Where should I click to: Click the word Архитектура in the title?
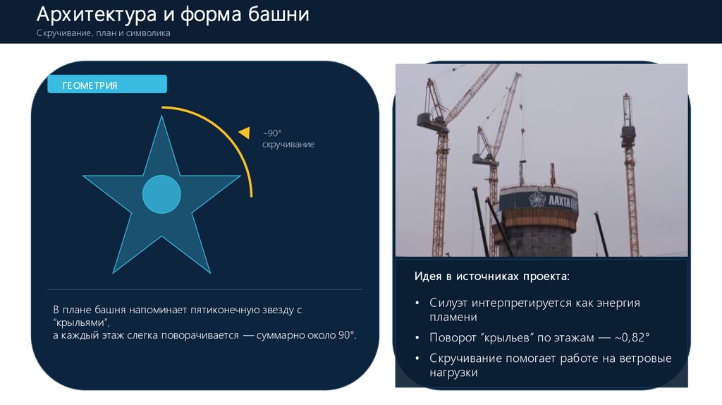coord(97,15)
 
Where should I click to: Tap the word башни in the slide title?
coord(279,15)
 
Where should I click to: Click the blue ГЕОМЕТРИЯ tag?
coord(107,85)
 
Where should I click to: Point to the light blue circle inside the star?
coord(161,194)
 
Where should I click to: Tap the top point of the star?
coord(161,116)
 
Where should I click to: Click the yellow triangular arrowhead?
coord(245,133)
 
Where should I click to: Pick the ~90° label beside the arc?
coord(272,133)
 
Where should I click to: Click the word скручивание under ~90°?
coord(288,144)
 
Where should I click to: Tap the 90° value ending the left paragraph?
coord(347,335)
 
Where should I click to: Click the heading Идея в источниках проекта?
coord(491,277)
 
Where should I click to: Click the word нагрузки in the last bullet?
coord(453,373)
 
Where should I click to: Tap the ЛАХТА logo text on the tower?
coord(563,200)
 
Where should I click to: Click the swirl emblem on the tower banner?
coord(537,200)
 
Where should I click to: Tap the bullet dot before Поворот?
coord(417,338)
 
